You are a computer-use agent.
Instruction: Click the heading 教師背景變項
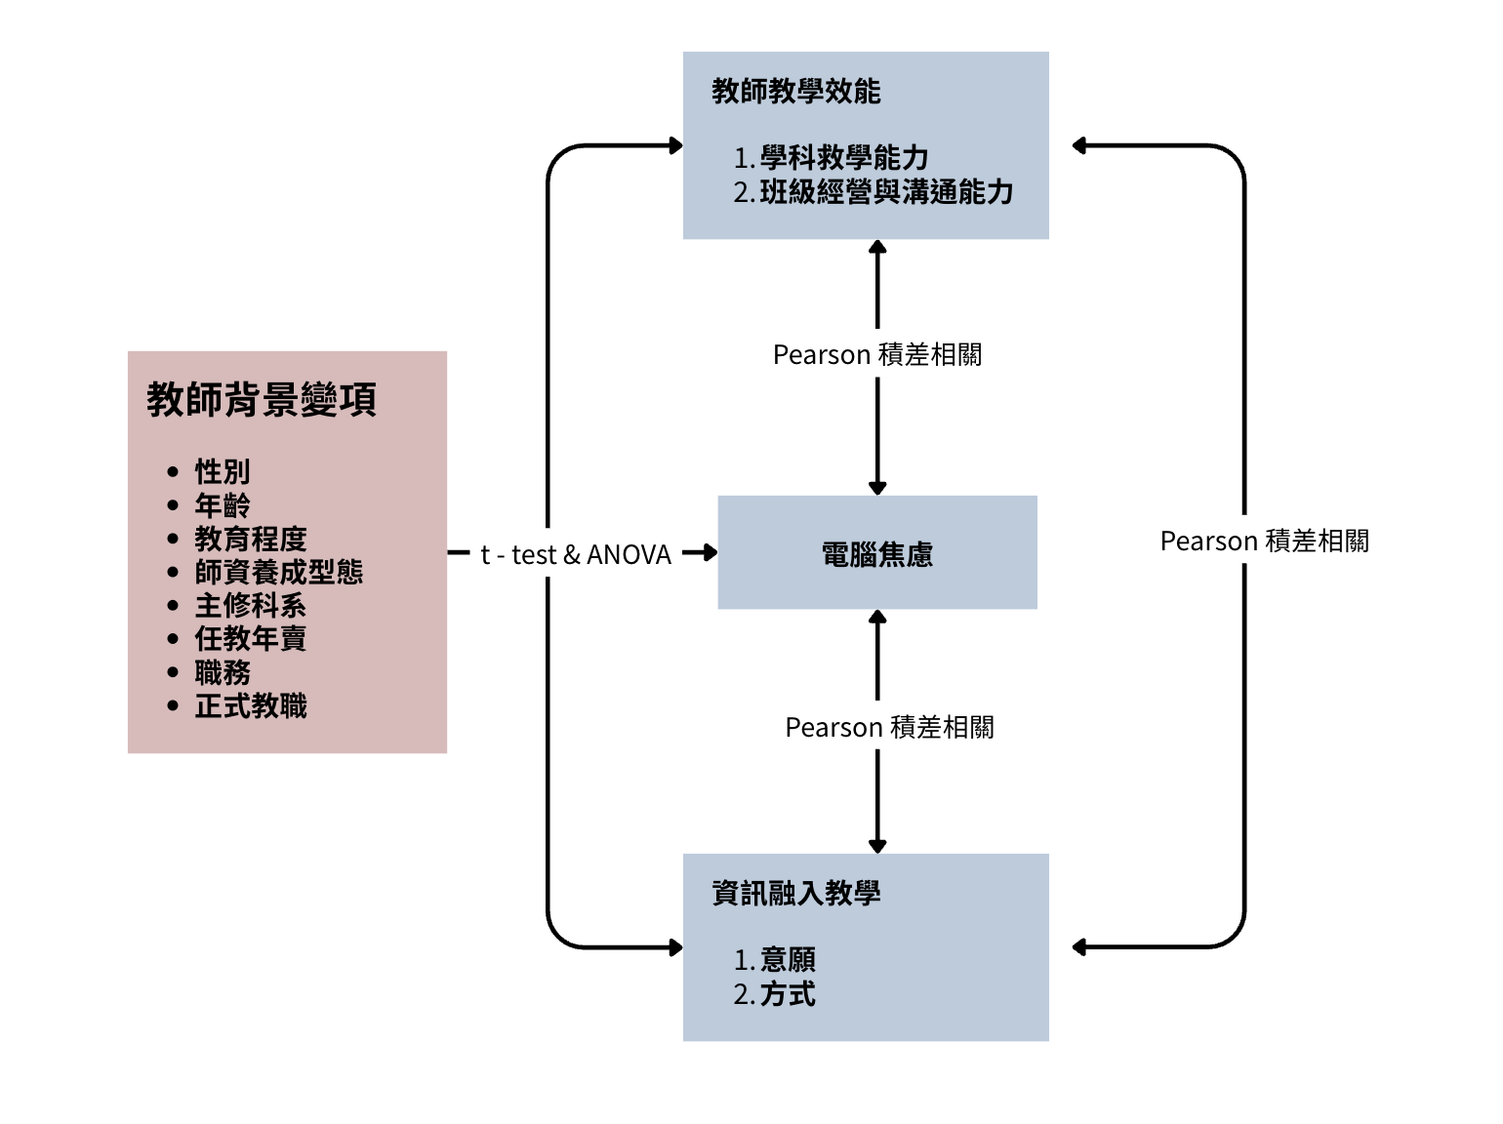point(262,400)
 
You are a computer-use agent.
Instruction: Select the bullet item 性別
point(223,472)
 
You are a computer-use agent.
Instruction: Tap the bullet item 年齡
point(223,505)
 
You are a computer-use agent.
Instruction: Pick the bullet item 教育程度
point(251,539)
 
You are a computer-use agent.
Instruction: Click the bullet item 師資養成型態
point(279,572)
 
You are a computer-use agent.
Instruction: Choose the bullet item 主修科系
point(251,606)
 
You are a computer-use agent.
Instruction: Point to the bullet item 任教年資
point(251,639)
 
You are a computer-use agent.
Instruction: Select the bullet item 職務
point(223,672)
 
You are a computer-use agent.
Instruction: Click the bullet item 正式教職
point(251,705)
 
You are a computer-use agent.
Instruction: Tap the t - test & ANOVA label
point(576,555)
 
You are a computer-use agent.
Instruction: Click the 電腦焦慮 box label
point(877,555)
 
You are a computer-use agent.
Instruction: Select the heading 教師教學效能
point(796,92)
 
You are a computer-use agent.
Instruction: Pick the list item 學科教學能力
point(844,157)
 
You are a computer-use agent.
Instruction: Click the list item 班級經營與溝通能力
point(886,192)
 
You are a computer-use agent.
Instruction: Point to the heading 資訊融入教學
point(796,894)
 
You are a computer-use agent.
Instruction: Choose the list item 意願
point(788,960)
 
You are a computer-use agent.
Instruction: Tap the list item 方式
point(788,995)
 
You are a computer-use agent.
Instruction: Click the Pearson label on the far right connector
point(1264,542)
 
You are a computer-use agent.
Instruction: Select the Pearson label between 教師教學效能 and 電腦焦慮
point(877,355)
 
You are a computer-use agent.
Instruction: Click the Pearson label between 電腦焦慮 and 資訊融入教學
point(889,728)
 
